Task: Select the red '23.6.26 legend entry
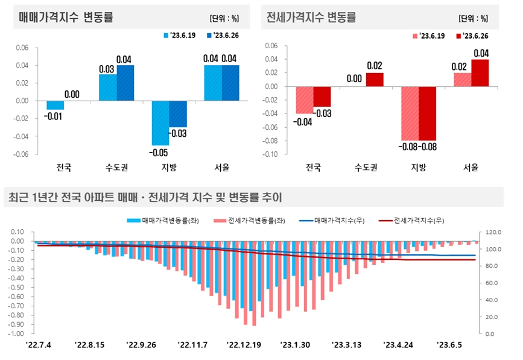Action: [x=473, y=36]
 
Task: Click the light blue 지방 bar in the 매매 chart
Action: [x=160, y=123]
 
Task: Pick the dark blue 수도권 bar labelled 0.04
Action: [x=125, y=83]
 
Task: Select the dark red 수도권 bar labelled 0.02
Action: [x=374, y=80]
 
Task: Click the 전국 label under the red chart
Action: [x=313, y=167]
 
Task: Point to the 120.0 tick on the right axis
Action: [x=490, y=232]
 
